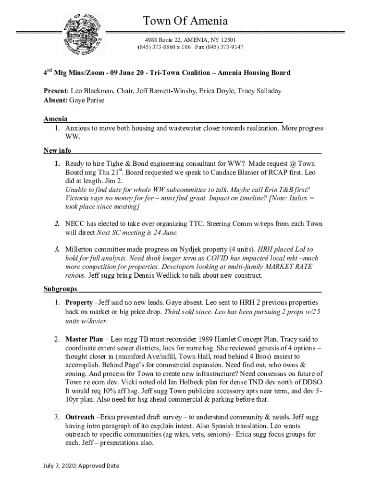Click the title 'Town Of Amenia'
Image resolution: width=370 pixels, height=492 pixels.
click(185, 21)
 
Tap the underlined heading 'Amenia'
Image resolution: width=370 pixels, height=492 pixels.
click(55, 119)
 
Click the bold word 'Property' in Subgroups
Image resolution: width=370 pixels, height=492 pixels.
click(79, 303)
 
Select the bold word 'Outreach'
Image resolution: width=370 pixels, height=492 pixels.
click(80, 417)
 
